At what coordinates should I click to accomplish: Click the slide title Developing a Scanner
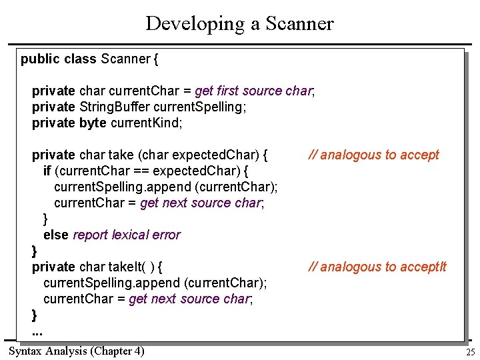click(239, 23)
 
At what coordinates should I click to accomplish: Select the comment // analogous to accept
click(373, 155)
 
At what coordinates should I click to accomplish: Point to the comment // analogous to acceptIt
click(377, 267)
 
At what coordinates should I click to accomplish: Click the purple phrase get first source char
click(253, 91)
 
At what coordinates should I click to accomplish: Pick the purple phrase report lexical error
click(126, 235)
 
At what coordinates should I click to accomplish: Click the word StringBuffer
click(115, 107)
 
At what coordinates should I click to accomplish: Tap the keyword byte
click(93, 123)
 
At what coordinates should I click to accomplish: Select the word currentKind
click(146, 123)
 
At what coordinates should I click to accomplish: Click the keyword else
click(56, 235)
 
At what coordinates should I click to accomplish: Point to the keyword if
click(47, 171)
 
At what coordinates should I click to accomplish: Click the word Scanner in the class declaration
click(125, 59)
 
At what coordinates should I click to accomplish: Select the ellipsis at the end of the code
click(37, 331)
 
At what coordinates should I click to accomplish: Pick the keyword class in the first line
click(80, 59)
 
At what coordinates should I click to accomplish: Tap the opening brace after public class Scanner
click(156, 59)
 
